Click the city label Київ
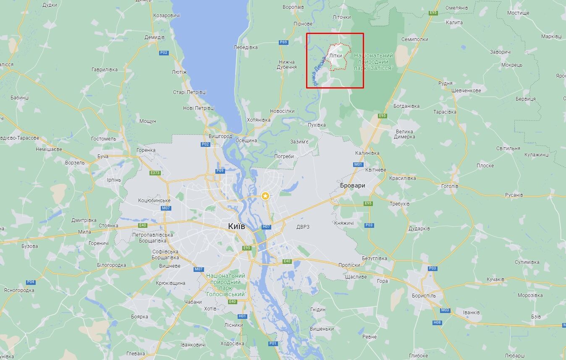(x=236, y=226)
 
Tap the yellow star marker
(x=265, y=196)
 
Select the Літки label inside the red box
(x=335, y=55)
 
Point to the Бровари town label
(x=352, y=185)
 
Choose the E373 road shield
(x=155, y=173)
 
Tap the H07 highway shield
(x=266, y=227)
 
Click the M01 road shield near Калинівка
(x=358, y=164)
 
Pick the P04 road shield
(x=30, y=282)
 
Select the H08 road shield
(x=437, y=322)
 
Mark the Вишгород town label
(x=220, y=136)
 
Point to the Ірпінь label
(x=113, y=180)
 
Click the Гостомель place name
(x=104, y=139)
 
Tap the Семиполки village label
(x=414, y=39)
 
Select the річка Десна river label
(x=320, y=70)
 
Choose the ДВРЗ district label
(x=303, y=227)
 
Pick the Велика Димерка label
(x=405, y=134)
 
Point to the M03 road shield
(x=445, y=310)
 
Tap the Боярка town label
(x=139, y=317)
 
